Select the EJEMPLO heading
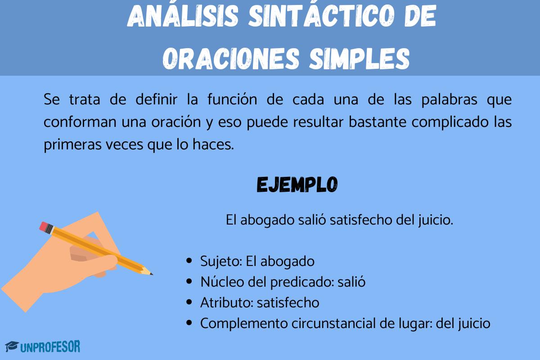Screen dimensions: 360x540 click(297, 184)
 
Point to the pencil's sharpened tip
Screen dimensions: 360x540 click(150, 273)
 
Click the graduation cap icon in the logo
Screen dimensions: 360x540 click(11, 347)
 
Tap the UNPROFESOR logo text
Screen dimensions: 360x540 click(50, 347)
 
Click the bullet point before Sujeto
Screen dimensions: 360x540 click(190, 261)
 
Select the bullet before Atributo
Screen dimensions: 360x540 click(190, 303)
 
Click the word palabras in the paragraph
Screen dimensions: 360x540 click(445, 100)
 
